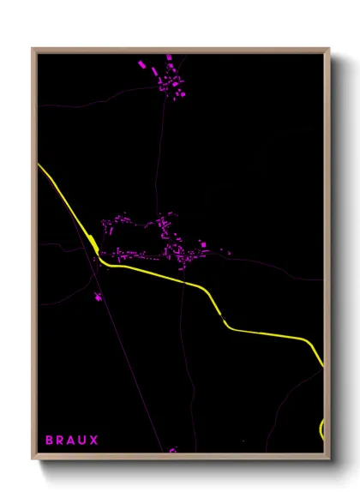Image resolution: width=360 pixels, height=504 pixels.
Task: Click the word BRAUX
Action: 71,440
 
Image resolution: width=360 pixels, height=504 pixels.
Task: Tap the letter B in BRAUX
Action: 49,440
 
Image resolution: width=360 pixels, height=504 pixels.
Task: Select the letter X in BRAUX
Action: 94,440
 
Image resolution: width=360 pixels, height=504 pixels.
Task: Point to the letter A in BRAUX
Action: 71,440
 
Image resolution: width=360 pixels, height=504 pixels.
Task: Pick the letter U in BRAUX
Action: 83,440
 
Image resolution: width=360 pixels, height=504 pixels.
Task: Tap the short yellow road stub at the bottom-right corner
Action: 321,429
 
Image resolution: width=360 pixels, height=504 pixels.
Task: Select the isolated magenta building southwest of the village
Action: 98,297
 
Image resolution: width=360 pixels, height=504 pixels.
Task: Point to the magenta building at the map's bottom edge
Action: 172,449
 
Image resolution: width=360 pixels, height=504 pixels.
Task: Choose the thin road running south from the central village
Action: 182,360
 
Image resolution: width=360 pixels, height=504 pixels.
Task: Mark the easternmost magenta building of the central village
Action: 228,252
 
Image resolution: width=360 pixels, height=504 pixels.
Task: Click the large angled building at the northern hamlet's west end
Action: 142,63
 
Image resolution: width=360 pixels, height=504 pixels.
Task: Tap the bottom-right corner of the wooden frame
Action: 328,458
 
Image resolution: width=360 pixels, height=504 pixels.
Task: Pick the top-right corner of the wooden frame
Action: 328,49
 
